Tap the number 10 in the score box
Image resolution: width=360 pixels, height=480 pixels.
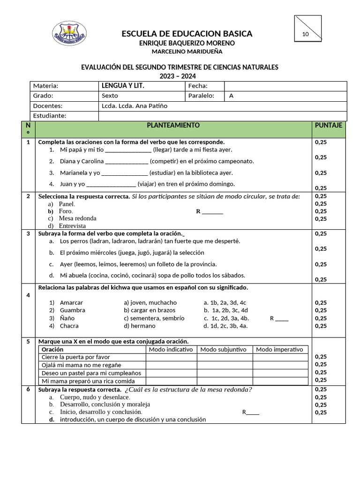coord(306,34)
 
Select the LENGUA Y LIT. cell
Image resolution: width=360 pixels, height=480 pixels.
coord(123,86)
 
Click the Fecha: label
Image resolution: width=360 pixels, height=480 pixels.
coord(198,86)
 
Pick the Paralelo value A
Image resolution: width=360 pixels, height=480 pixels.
coord(231,96)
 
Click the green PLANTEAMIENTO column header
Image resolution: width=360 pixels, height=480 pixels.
coord(173,126)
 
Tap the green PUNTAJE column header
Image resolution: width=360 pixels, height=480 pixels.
coord(328,126)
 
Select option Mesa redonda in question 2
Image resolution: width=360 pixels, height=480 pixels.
coord(77,218)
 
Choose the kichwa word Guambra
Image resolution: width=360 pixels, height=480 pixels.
coord(72,310)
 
